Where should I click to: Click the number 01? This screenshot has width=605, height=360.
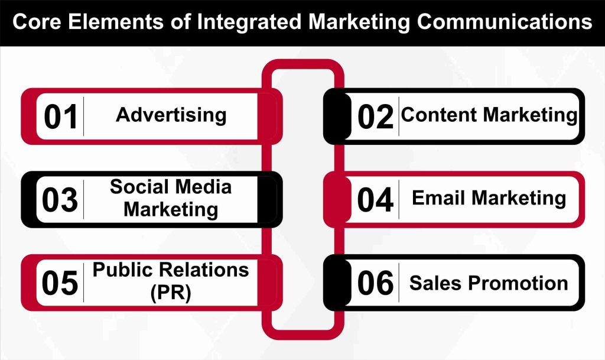pos(61,116)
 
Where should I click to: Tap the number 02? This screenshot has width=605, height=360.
pos(375,116)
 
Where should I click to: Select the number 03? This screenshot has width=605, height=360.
pos(60,200)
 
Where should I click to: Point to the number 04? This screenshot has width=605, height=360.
pos(375,200)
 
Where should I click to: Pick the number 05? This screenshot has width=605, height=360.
pos(60,283)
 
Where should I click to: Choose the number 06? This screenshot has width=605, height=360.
pos(375,283)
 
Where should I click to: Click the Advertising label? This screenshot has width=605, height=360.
pos(171,115)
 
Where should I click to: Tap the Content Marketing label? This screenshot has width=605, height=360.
pos(489,115)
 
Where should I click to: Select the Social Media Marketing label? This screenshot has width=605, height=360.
pos(171,198)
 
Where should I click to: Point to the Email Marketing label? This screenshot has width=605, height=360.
pos(489,198)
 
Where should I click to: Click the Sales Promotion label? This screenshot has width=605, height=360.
pos(489,283)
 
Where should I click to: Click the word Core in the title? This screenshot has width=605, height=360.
pos(38,22)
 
